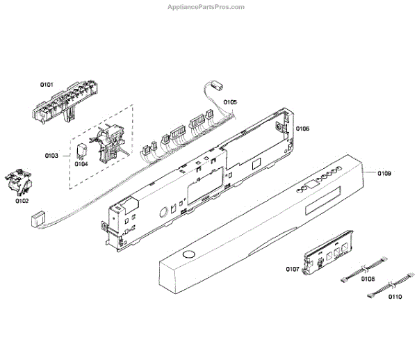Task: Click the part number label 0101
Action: pyautogui.click(x=46, y=85)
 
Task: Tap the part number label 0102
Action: pyautogui.click(x=22, y=202)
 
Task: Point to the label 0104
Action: pyautogui.click(x=81, y=164)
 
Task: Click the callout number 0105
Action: pyautogui.click(x=230, y=102)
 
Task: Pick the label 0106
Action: pyautogui.click(x=302, y=129)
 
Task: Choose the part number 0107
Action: pyautogui.click(x=292, y=269)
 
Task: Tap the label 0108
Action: pyautogui.click(x=368, y=279)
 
